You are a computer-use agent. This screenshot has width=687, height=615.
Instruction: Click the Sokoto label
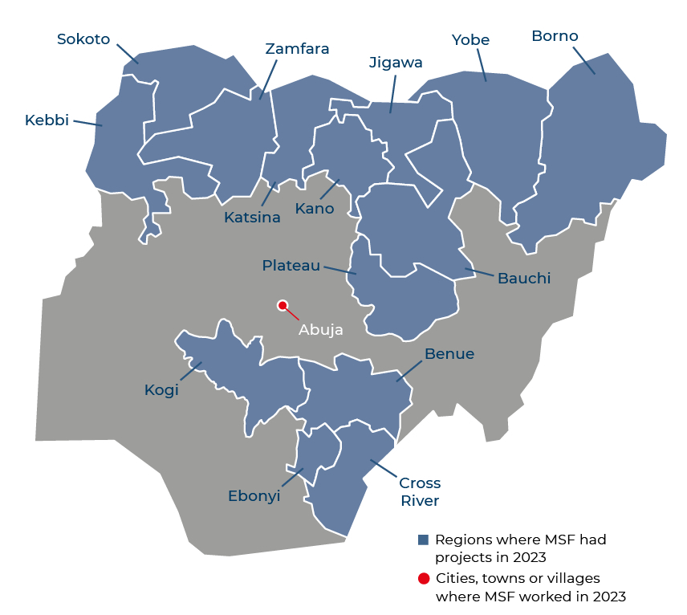[x=83, y=39]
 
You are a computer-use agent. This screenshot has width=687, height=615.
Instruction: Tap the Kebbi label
[x=47, y=120]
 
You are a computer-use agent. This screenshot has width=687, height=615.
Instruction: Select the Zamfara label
[x=297, y=49]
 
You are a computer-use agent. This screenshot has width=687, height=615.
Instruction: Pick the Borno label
[x=555, y=36]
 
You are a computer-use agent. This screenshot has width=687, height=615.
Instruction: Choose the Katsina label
[x=253, y=218]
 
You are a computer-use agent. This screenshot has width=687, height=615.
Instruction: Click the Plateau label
[x=291, y=266]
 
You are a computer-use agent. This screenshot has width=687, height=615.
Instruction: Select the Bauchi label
[x=524, y=279]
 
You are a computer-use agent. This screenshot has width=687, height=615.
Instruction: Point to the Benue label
[x=449, y=354]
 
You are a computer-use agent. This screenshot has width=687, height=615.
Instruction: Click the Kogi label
[x=161, y=390]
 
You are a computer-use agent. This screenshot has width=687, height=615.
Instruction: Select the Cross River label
[x=420, y=492]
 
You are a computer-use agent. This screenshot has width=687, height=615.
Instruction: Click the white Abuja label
[x=321, y=329]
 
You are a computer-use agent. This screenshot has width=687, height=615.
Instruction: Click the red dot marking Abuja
[x=283, y=305]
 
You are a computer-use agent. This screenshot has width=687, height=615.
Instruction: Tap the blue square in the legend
[x=423, y=540]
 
